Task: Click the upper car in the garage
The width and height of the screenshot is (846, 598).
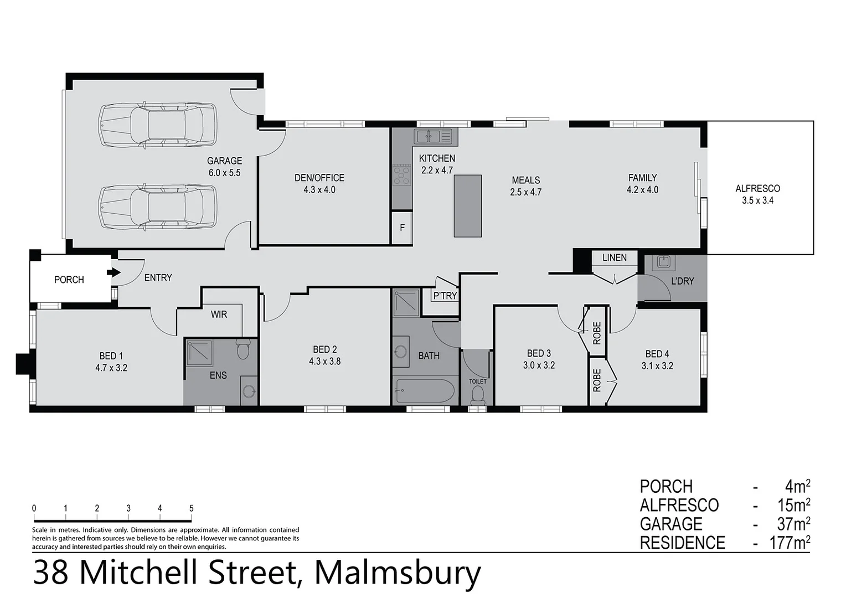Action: [x=158, y=126]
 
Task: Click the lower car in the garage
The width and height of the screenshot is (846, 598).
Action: [x=158, y=207]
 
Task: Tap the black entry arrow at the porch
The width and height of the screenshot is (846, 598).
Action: [x=114, y=272]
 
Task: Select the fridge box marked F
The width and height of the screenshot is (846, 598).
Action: [x=403, y=228]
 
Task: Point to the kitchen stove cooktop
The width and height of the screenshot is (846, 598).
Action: [x=401, y=175]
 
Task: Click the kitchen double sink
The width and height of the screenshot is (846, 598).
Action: [x=433, y=136]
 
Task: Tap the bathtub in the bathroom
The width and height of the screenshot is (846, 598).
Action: [x=425, y=391]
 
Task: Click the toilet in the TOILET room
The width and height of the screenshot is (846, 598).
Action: [x=477, y=395]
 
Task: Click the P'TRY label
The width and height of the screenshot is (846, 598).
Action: [x=445, y=296]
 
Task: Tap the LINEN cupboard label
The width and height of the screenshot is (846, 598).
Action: [x=615, y=257]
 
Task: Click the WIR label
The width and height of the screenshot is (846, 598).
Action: [x=219, y=315]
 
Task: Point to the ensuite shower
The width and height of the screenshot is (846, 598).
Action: [x=199, y=353]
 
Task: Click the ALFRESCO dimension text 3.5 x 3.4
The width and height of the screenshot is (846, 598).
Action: [x=757, y=200]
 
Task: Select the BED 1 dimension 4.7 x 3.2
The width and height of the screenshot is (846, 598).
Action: [x=111, y=368]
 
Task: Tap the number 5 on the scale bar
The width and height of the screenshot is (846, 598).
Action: [x=191, y=508]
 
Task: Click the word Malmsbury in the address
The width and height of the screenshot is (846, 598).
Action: [x=398, y=573]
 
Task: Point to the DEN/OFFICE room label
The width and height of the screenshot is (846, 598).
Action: [x=319, y=178]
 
